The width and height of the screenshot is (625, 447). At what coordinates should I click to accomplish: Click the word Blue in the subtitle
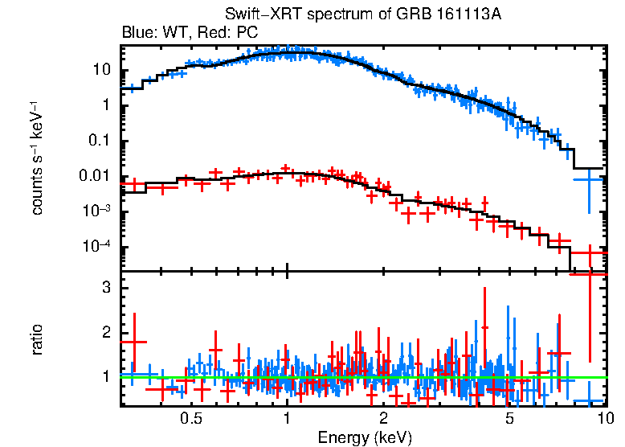coord(136,33)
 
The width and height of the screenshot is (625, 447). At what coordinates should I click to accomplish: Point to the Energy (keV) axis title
coord(365,437)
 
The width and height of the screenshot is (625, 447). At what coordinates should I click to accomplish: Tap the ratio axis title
coord(37,338)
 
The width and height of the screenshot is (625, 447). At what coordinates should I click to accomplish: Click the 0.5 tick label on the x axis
coord(190,419)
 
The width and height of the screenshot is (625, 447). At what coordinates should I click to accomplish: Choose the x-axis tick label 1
coord(287,419)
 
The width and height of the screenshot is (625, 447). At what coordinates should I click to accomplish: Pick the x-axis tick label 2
coord(383,419)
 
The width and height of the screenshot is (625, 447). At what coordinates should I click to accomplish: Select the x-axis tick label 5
coord(510,419)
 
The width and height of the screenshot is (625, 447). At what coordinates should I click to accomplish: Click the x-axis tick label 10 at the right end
coord(605,419)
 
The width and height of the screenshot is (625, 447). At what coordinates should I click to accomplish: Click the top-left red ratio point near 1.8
coord(133,342)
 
